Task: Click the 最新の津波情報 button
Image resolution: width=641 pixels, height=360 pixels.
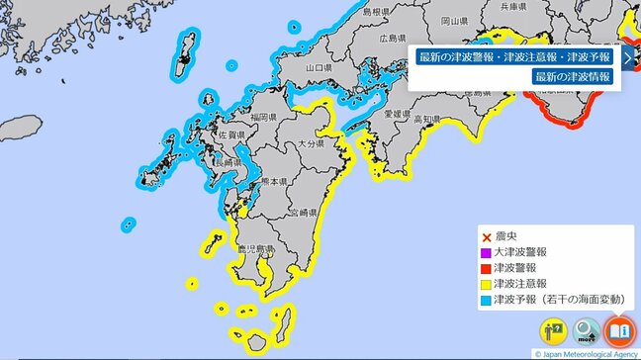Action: click(x=573, y=77)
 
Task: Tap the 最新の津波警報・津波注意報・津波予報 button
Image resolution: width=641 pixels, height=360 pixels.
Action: click(x=514, y=56)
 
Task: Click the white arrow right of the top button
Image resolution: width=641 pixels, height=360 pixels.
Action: click(x=627, y=56)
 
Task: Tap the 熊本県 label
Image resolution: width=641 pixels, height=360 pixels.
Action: click(x=274, y=183)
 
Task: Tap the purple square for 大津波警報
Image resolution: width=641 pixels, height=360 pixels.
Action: click(x=486, y=252)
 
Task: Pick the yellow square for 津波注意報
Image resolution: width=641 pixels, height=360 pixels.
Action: click(x=486, y=282)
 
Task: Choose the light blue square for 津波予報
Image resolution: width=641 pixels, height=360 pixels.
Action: click(x=486, y=297)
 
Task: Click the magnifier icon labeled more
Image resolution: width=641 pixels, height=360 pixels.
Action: click(x=587, y=330)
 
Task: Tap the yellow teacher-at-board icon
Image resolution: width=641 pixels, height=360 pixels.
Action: click(x=553, y=330)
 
